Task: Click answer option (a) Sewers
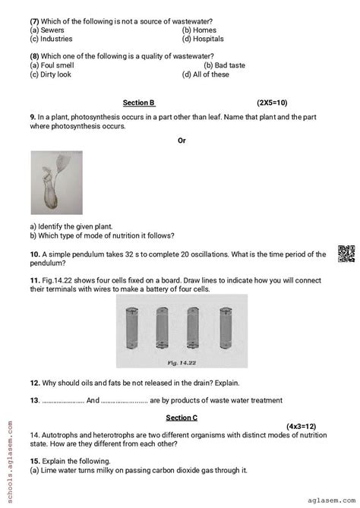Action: click(49, 30)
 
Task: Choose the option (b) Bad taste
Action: click(224, 65)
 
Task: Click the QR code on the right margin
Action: click(345, 254)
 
